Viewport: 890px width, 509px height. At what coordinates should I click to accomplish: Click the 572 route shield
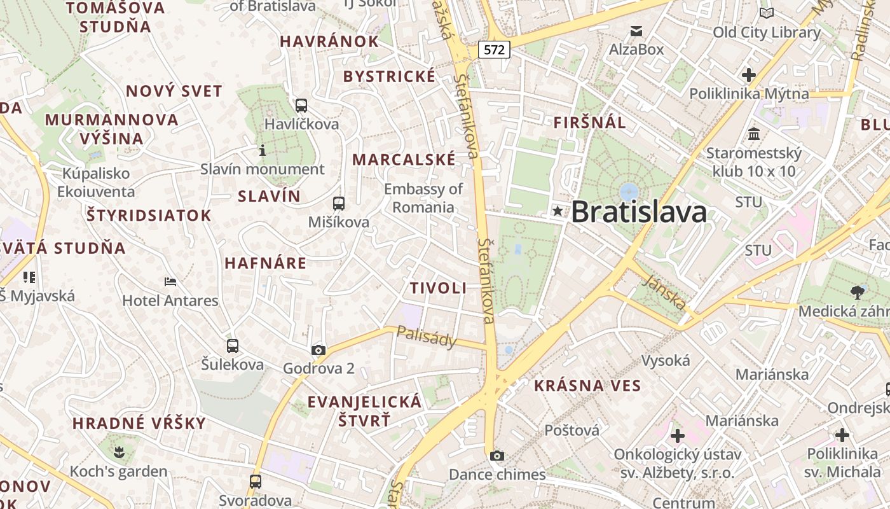pos(494,49)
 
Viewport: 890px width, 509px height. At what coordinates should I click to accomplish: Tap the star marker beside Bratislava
pos(558,211)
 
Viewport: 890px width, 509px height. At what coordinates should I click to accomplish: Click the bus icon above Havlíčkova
pos(301,105)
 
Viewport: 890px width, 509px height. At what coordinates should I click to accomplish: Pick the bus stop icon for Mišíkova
pos(339,204)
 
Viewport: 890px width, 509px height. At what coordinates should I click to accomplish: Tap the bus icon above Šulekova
pos(233,346)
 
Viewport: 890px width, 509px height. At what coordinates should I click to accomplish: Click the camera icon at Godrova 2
pos(318,350)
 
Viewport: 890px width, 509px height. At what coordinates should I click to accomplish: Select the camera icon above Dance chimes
pos(497,456)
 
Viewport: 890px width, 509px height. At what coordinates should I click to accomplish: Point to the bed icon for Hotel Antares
pos(170,281)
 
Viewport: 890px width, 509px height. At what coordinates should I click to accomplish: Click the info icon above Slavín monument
pos(262,150)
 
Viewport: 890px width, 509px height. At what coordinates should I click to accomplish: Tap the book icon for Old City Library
pos(767,13)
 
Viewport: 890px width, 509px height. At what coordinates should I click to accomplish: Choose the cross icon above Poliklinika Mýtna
pos(749,75)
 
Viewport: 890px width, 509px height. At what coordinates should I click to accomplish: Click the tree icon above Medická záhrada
pos(858,292)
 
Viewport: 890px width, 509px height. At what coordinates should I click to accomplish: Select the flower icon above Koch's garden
pos(118,453)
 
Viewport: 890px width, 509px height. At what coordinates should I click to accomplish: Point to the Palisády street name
pos(427,337)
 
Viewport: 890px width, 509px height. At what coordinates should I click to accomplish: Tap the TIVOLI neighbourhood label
pos(438,288)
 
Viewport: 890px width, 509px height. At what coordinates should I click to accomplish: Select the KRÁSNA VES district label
pos(587,385)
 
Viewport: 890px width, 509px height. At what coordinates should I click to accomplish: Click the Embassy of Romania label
pos(423,198)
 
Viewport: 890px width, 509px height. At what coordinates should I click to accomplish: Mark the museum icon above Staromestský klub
pos(754,134)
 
